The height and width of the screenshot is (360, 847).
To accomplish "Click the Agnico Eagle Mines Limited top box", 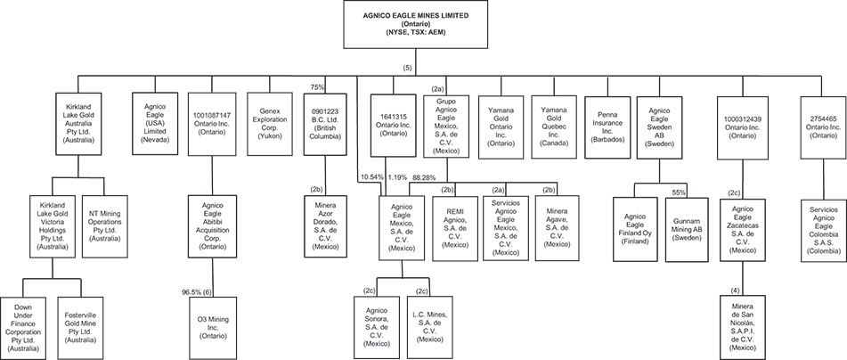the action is click(x=415, y=24).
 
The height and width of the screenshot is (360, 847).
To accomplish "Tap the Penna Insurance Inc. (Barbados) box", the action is click(x=607, y=127).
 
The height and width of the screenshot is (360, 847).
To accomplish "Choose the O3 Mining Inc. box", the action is click(x=212, y=328).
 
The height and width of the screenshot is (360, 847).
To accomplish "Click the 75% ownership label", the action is click(x=317, y=86).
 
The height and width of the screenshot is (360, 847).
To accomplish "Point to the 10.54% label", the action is click(x=372, y=176).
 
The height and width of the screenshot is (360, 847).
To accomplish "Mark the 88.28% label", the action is click(x=424, y=176).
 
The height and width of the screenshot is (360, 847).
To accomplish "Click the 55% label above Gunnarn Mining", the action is click(x=679, y=192).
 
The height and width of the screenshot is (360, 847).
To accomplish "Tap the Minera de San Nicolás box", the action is click(x=742, y=327).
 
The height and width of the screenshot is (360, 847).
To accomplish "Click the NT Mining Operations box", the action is click(x=104, y=226).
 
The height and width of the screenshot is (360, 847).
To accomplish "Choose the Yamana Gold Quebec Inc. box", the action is click(x=555, y=127).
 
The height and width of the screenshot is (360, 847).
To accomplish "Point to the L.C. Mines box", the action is click(x=429, y=328).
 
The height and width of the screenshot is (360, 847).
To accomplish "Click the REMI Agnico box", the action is click(x=454, y=229).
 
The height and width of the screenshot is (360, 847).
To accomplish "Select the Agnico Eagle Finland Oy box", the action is click(x=635, y=230).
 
